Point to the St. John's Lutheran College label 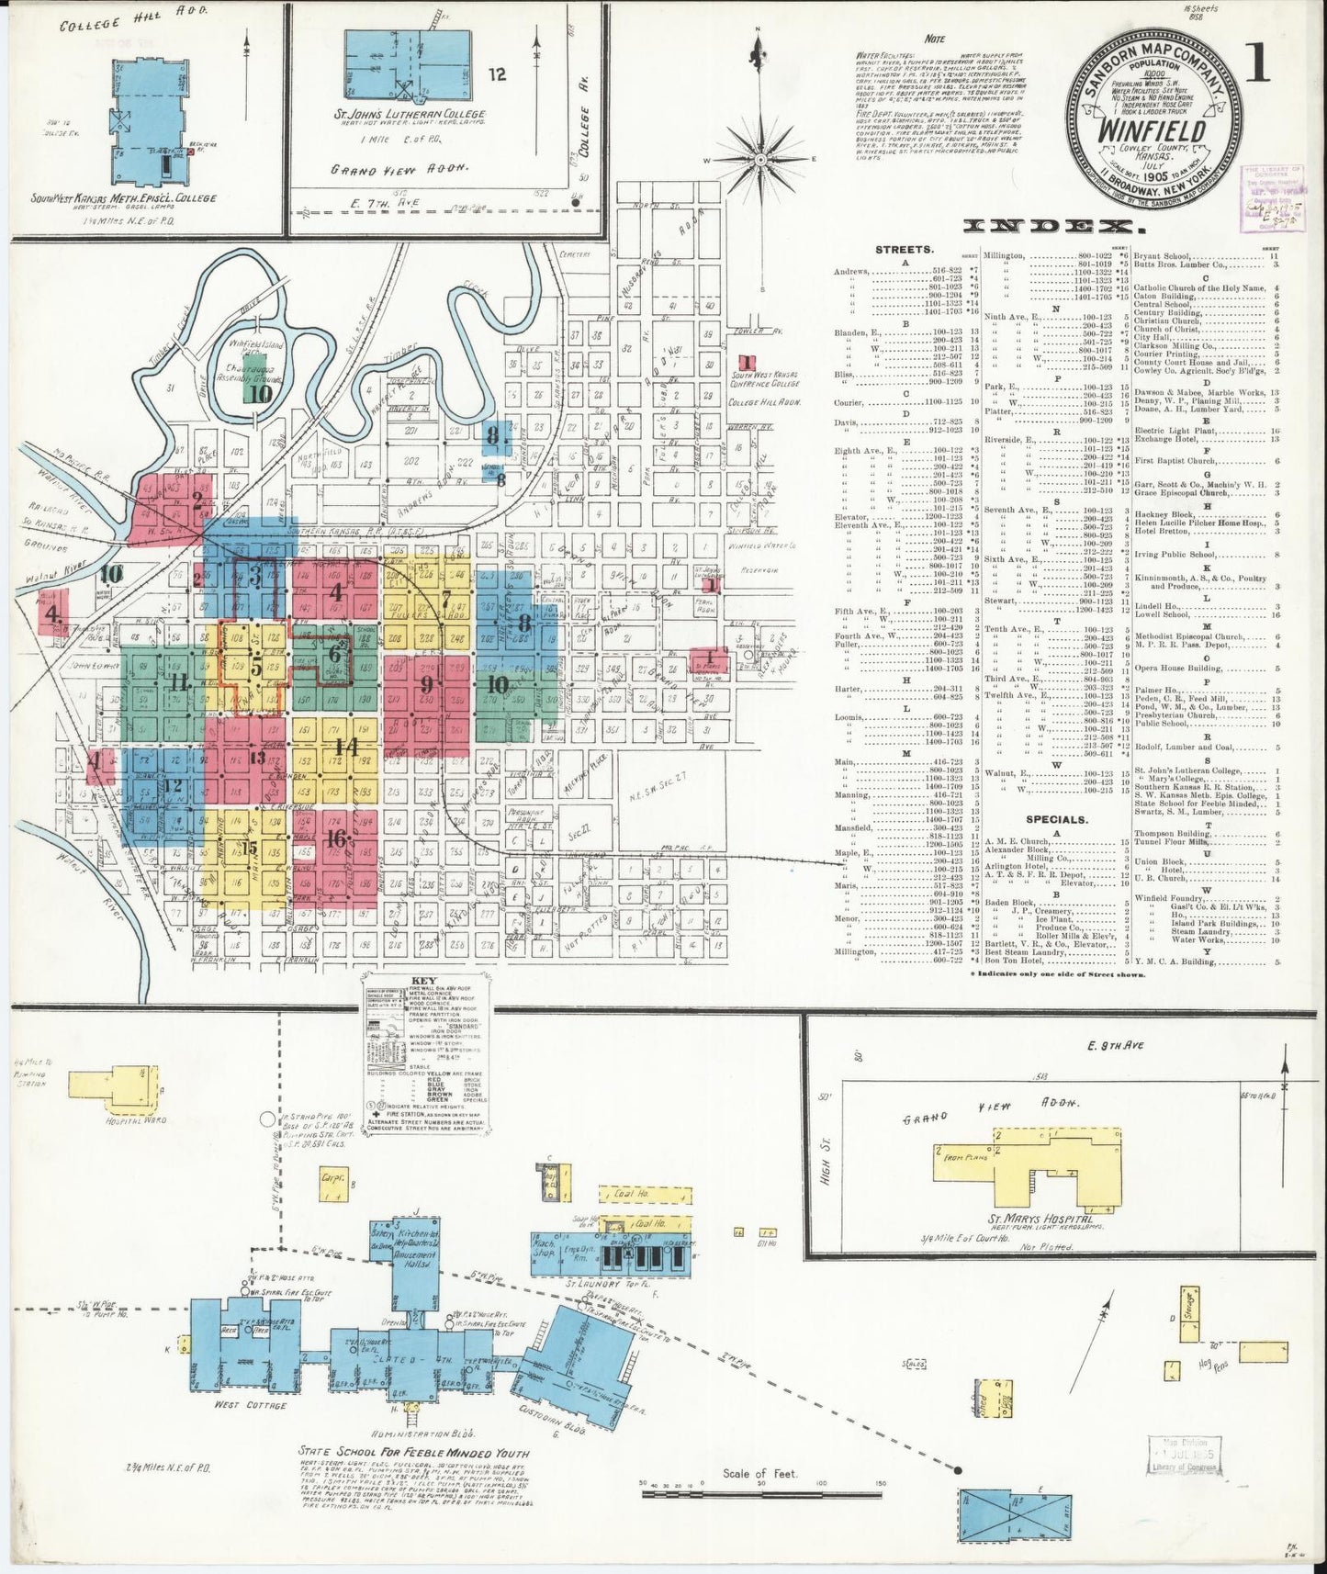click(410, 115)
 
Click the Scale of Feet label click(759, 1473)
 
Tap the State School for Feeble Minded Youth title click(412, 1452)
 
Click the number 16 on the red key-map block click(338, 837)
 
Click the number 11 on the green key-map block click(179, 681)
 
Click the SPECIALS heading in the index click(1057, 819)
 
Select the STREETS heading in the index click(905, 249)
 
